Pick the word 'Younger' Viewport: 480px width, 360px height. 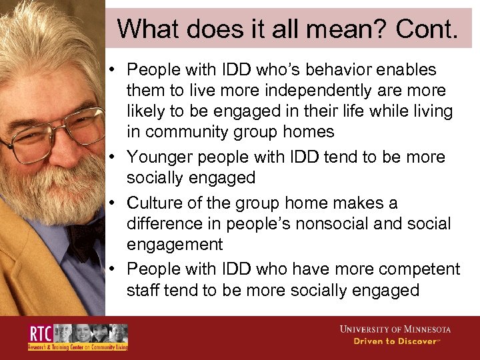pyautogui.click(x=157, y=157)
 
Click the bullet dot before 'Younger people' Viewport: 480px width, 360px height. pyautogui.click(x=115, y=157)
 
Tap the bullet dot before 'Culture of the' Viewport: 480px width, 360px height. pyautogui.click(x=115, y=203)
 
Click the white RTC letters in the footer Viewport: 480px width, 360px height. pyautogui.click(x=39, y=333)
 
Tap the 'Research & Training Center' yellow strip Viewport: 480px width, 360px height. pyautogui.click(x=77, y=347)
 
